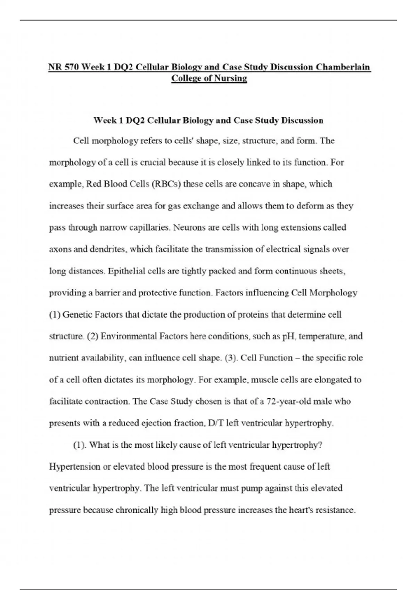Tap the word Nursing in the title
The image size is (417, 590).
pos(230,78)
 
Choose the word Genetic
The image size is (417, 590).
pos(77,315)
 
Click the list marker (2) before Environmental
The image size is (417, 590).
pos(92,336)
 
